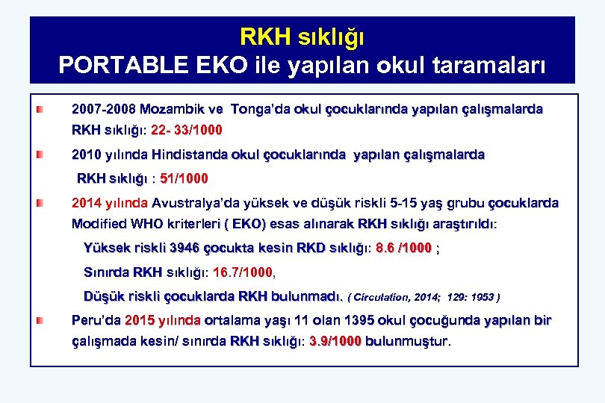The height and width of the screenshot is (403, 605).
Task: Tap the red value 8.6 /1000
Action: (x=407, y=249)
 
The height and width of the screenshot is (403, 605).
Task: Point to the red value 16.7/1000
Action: (x=243, y=272)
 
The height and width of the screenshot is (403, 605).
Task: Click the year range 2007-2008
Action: (x=104, y=109)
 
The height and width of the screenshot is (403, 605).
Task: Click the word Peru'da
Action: (x=96, y=320)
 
